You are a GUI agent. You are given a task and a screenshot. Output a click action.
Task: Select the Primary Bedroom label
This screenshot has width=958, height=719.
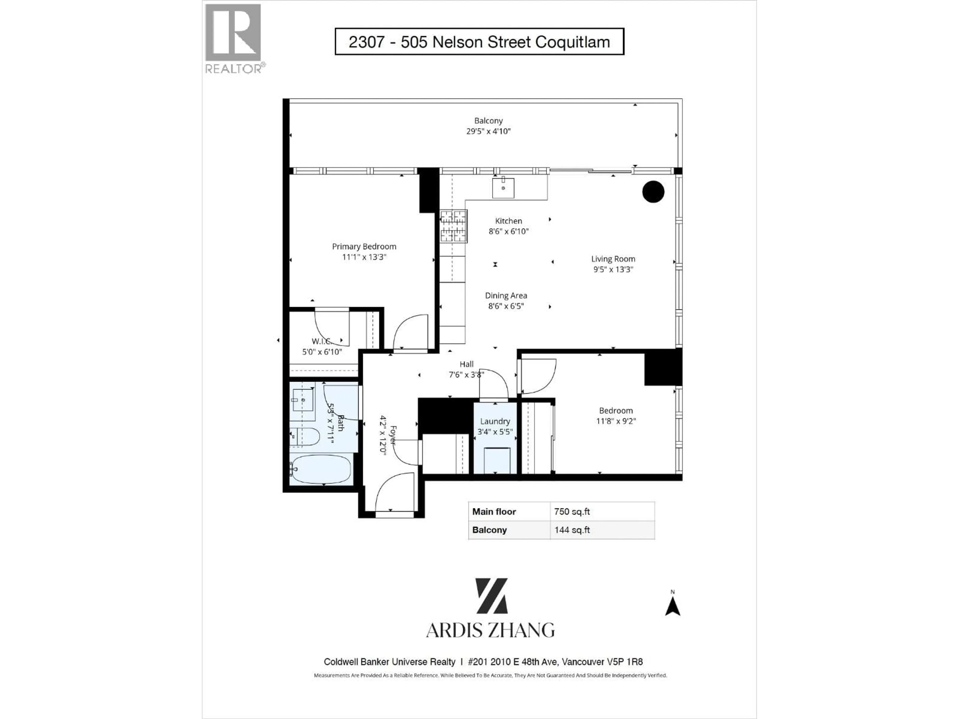pos(364,246)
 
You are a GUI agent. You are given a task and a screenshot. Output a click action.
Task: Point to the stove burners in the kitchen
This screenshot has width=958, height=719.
pos(454,226)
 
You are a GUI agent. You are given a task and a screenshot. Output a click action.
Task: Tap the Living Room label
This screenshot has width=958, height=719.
pos(613,259)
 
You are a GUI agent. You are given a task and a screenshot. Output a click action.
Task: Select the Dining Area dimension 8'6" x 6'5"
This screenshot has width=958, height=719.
pos(506,306)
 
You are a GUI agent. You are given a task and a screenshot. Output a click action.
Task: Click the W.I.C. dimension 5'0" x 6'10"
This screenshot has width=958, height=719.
pos(322,352)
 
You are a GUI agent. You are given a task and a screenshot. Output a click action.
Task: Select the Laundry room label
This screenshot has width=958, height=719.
pos(494,421)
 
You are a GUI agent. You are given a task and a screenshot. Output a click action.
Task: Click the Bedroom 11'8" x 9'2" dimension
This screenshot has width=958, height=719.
pos(615,421)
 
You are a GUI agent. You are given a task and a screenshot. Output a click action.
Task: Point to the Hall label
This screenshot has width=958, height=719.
pos(467,364)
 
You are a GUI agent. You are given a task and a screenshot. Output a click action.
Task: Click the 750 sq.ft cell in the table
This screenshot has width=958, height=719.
pos(572,511)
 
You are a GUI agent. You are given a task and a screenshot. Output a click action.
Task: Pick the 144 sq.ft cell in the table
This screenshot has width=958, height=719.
pos(572,530)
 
